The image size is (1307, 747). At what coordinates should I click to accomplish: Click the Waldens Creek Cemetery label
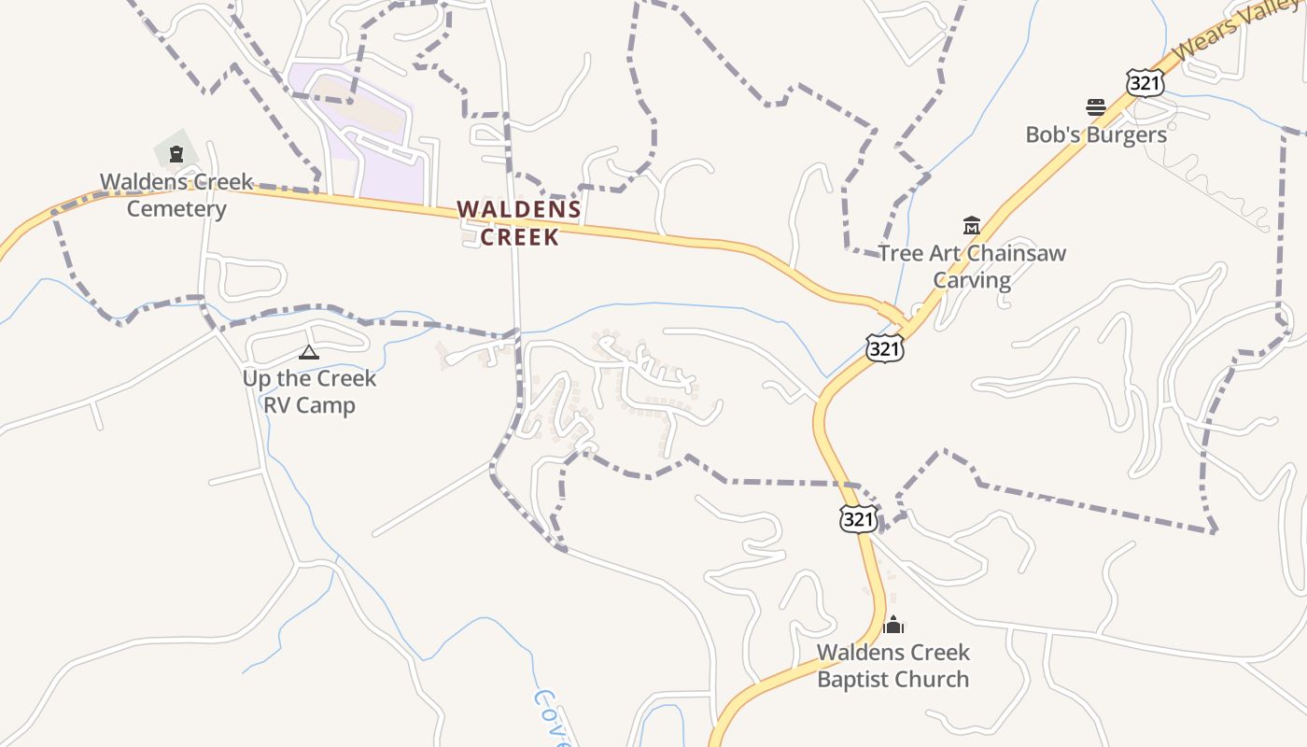coord(176,194)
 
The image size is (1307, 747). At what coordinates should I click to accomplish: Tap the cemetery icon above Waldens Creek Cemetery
coord(176,154)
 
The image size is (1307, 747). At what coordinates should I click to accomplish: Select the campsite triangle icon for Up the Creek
coord(308,352)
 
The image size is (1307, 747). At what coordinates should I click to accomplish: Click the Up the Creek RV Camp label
coord(309,391)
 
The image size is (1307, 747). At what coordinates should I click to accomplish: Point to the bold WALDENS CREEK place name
coord(519,223)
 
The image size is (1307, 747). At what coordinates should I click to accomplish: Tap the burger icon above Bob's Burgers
coord(1096,107)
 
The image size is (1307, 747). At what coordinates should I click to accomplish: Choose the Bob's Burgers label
coord(1096,134)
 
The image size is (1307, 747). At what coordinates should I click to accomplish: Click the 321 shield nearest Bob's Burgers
coord(1145,83)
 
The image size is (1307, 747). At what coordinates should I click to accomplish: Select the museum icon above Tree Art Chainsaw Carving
coord(972,225)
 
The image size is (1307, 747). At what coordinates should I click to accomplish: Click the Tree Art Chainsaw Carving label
coord(972,266)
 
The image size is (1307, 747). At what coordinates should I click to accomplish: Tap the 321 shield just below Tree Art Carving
coord(884,348)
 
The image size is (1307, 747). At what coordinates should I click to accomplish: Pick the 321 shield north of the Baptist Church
coord(858,518)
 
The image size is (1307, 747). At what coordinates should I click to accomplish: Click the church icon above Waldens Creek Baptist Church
coord(893,625)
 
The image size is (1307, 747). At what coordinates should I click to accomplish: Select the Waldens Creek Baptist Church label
coord(893,666)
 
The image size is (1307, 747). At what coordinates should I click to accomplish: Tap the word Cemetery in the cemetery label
coord(176,208)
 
